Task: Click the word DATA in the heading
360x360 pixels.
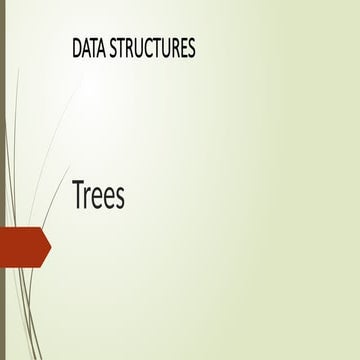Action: coord(90,48)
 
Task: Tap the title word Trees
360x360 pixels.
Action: coord(98,196)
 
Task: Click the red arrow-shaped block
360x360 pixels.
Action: coord(22,247)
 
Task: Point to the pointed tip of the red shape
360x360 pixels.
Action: coord(48,247)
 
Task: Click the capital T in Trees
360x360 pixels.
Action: coord(78,196)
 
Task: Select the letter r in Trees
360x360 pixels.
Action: coord(89,199)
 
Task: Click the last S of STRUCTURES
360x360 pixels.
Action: coord(190,48)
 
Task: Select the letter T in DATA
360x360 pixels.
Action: coord(95,48)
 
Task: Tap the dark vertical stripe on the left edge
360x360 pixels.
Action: coord(3,180)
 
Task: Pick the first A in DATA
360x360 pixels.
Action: coord(87,48)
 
